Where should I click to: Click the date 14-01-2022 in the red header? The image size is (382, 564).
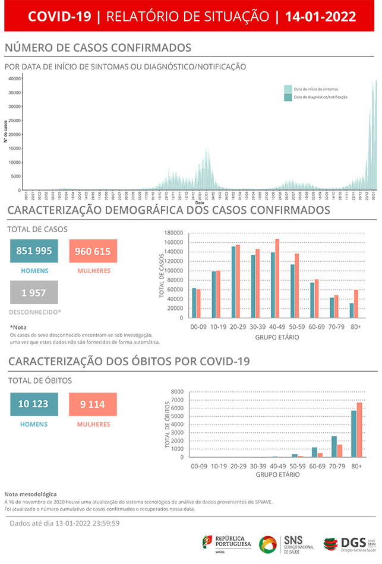pos(320,16)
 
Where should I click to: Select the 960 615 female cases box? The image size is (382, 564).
pos(93,251)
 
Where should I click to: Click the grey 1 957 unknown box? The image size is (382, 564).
pos(34,292)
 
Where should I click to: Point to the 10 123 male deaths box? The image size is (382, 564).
pos(34,404)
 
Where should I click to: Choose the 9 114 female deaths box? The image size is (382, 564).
pos(93,404)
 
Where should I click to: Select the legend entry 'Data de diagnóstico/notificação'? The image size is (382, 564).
pos(315,97)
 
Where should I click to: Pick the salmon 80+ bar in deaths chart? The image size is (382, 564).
pos(359,430)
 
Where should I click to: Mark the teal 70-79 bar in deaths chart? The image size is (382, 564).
pos(334,446)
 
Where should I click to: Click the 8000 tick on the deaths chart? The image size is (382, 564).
pos(177,392)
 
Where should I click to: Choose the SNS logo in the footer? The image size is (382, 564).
pos(288,543)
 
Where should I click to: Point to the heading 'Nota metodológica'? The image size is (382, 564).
pos(30,494)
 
